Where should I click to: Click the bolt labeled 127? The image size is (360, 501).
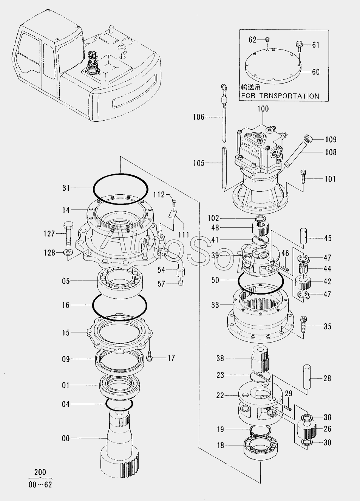[x=68, y=234]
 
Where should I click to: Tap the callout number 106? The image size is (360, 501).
[x=199, y=117]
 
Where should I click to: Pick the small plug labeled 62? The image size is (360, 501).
[x=268, y=40]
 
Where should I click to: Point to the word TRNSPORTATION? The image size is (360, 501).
[x=289, y=96]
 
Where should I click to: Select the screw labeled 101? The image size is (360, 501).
[x=303, y=177]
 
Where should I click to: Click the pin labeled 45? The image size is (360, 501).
[x=303, y=236]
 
